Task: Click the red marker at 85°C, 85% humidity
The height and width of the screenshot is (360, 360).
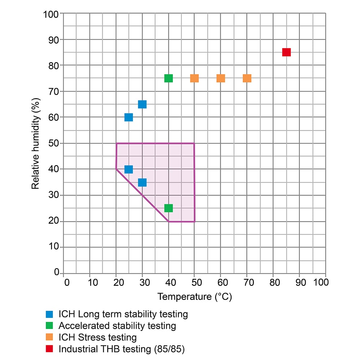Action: coord(286,52)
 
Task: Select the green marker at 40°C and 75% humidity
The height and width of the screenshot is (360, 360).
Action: coord(168,78)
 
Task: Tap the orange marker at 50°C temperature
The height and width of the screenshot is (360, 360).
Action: coord(194,78)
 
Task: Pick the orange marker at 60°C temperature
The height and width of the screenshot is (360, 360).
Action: coord(221,78)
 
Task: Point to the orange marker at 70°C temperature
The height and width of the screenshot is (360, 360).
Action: coord(247,78)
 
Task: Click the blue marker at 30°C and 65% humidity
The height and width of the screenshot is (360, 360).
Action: coord(142,104)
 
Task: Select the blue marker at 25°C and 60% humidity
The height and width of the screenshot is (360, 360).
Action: coord(129,117)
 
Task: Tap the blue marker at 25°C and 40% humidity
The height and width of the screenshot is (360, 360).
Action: coord(129,169)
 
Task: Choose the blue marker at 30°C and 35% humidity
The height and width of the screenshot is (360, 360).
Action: coord(142,183)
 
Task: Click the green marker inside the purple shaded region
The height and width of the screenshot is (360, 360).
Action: coord(168,208)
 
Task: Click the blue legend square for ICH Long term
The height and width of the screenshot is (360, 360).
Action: coord(50,314)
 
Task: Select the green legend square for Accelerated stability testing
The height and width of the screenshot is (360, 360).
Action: coord(50,326)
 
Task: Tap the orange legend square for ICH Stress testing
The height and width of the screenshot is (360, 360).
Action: coord(50,337)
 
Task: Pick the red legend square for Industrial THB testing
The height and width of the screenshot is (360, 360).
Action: coord(50,349)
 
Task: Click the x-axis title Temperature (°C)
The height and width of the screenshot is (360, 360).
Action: coord(195,297)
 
